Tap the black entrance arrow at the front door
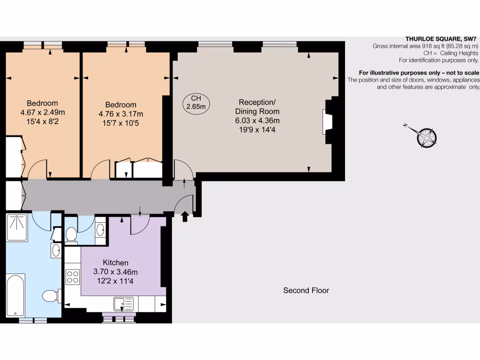[x=185, y=216]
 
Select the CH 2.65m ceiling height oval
[x=196, y=102]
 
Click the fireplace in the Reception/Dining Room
[x=327, y=122]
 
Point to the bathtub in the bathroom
[x=15, y=295]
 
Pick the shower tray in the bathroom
[x=18, y=227]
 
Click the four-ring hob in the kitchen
[x=73, y=276]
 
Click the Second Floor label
[x=306, y=291]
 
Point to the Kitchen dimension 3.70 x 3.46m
[x=115, y=272]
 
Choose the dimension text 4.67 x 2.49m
[x=42, y=112]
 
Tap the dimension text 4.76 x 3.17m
[x=121, y=114]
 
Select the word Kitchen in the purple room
[x=115, y=263]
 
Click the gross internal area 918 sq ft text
[x=425, y=46]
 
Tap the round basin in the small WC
[x=100, y=230]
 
